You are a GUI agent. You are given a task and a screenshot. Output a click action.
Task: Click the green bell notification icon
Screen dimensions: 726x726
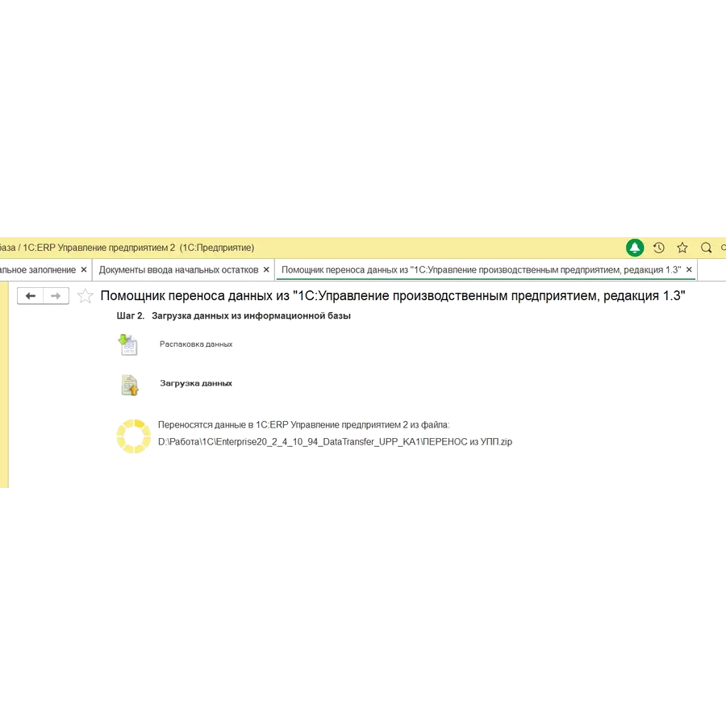[x=635, y=248]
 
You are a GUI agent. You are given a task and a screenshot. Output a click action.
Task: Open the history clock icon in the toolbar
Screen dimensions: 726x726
[x=658, y=248]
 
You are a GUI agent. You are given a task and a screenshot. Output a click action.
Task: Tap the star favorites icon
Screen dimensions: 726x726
[x=682, y=248]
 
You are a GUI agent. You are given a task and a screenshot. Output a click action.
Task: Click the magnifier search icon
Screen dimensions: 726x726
[x=706, y=248]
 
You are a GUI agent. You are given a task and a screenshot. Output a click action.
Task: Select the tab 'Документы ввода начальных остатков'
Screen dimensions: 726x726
[x=177, y=269]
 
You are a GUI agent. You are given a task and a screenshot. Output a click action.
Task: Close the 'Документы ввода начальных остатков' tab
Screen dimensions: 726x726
[x=267, y=269]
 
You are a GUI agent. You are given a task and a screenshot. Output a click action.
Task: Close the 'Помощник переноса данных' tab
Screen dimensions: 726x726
[x=689, y=269]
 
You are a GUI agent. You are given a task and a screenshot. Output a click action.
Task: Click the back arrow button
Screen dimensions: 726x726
[x=30, y=296]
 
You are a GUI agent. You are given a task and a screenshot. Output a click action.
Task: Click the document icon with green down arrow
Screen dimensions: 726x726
[x=128, y=344]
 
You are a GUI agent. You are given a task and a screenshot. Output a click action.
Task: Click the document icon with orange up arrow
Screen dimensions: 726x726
[x=128, y=386]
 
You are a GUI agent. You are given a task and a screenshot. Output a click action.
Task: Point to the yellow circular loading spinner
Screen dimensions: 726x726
[x=133, y=434]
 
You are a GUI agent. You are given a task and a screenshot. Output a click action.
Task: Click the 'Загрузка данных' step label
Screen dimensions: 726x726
[x=196, y=383]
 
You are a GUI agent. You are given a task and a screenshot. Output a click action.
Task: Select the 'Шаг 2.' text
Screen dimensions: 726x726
[x=130, y=316]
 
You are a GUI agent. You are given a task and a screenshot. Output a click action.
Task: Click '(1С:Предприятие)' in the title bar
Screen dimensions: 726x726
[x=216, y=248]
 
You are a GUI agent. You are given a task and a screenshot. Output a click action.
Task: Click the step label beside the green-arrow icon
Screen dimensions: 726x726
[x=196, y=344]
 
